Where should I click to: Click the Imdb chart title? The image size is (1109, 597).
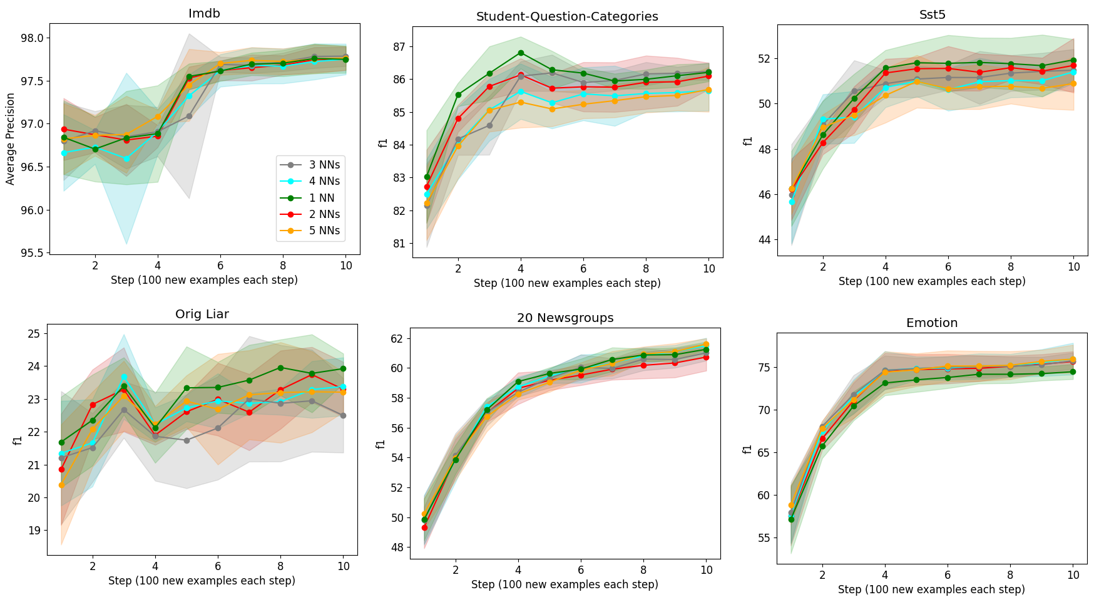click(x=204, y=14)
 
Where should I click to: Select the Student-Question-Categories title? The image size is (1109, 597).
click(x=567, y=17)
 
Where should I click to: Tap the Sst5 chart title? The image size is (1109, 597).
click(x=932, y=15)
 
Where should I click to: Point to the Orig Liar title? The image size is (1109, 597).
click(x=202, y=314)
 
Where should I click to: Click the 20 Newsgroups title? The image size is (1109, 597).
click(x=565, y=318)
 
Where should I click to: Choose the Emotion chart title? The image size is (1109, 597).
click(x=931, y=323)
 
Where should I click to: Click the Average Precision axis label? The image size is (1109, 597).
click(x=11, y=138)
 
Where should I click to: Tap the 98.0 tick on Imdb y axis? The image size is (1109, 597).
click(x=32, y=38)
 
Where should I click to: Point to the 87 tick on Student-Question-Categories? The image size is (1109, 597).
click(x=399, y=47)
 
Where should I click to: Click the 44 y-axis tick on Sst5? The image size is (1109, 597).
click(x=765, y=240)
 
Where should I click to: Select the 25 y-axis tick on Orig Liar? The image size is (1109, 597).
click(x=34, y=334)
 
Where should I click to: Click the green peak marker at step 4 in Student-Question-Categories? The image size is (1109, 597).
click(x=521, y=53)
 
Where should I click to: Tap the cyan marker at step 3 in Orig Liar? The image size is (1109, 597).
click(x=124, y=377)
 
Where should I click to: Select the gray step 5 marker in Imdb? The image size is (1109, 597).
click(x=189, y=116)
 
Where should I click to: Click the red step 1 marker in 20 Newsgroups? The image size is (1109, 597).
click(x=424, y=528)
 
